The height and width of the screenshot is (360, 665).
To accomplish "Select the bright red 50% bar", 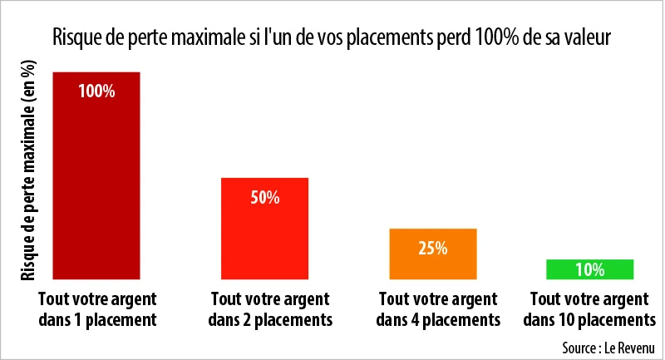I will coord(264,237).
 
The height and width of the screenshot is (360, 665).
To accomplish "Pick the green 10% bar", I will coord(590,269).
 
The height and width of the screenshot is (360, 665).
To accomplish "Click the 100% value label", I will coord(96,91).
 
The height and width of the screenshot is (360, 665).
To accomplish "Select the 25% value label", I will coord(433,248).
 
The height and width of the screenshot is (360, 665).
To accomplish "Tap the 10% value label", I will coord(590,269).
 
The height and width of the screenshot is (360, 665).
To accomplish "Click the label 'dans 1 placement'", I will coord(96,319).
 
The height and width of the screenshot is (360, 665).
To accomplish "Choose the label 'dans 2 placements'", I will coord(271,319).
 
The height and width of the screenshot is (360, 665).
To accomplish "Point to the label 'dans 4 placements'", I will coord(437,319).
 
